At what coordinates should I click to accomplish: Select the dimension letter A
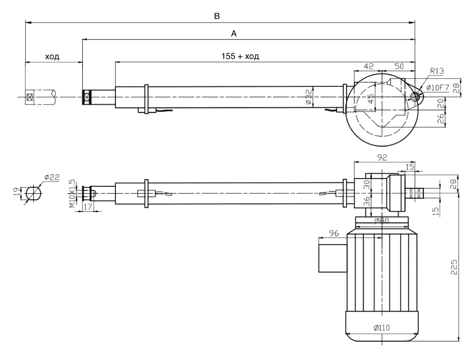click(x=235, y=34)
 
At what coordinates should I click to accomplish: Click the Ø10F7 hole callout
click(x=442, y=87)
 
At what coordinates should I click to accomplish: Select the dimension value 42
click(x=368, y=66)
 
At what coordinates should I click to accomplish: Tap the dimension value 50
click(x=399, y=66)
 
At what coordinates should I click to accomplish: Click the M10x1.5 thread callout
click(x=72, y=194)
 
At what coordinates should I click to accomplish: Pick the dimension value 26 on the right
click(x=440, y=118)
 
